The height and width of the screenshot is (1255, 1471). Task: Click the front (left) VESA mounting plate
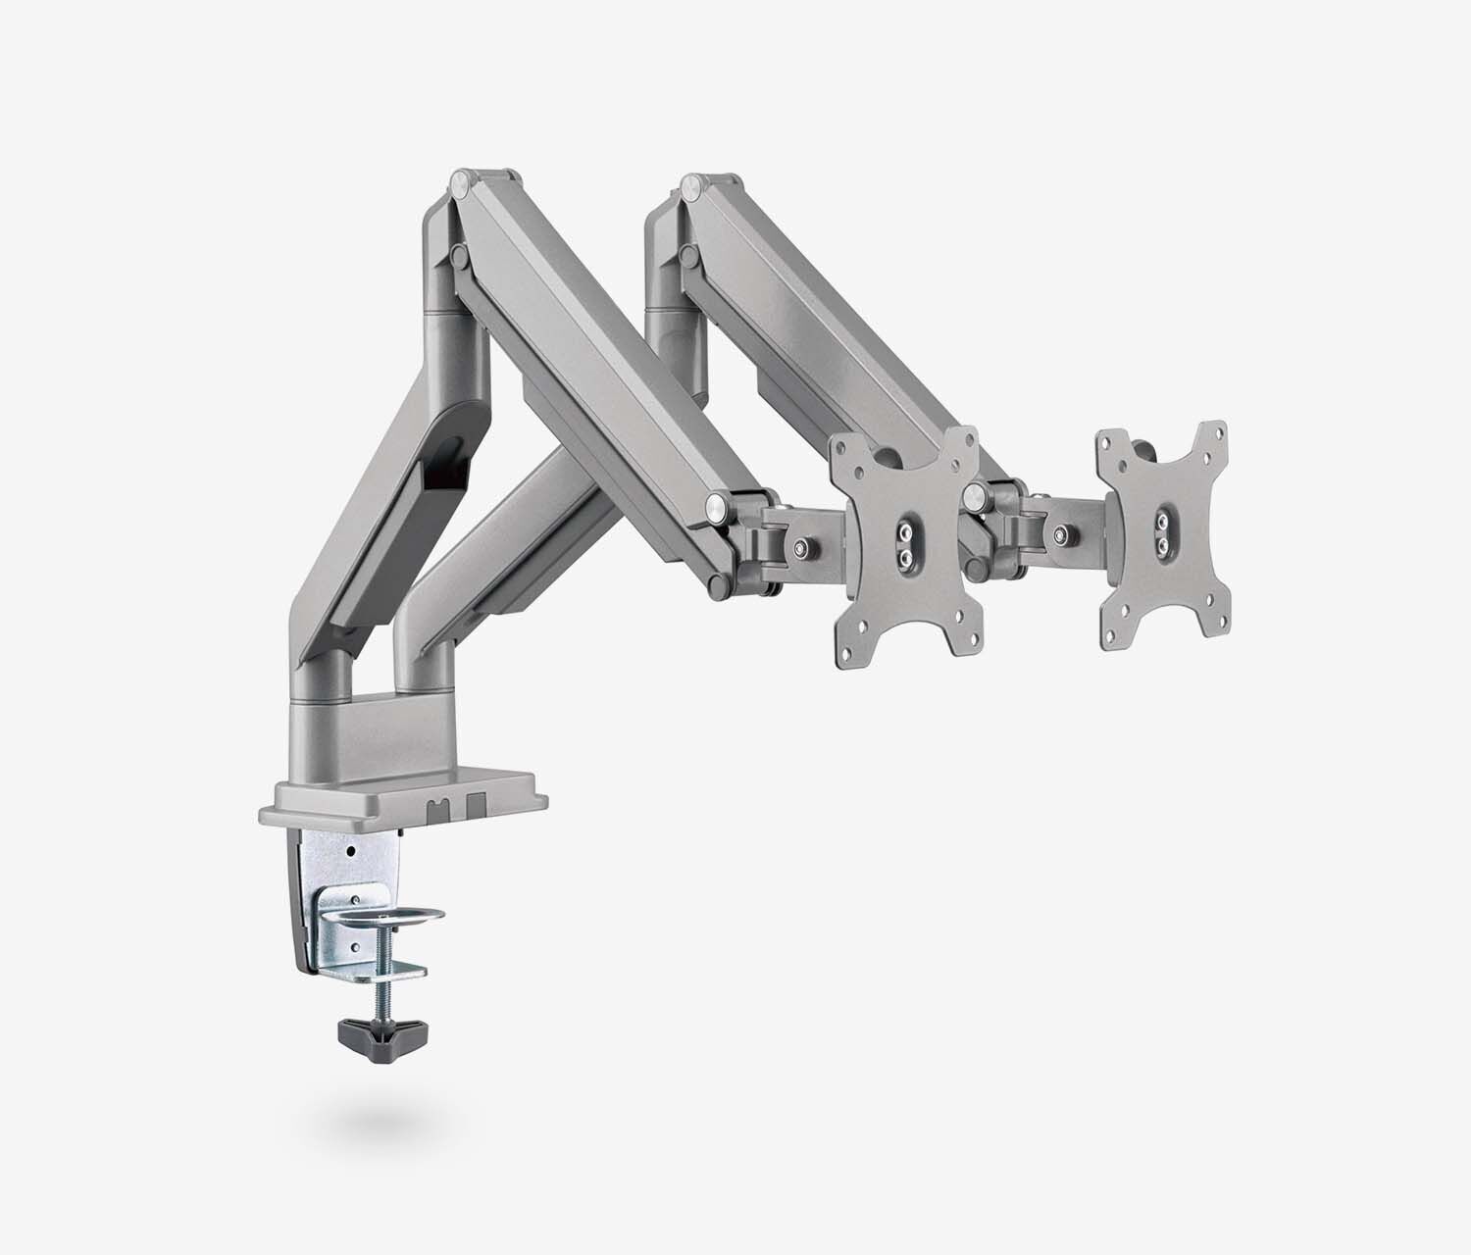pos(904,545)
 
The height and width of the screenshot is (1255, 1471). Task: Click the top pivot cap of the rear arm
pos(693,183)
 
